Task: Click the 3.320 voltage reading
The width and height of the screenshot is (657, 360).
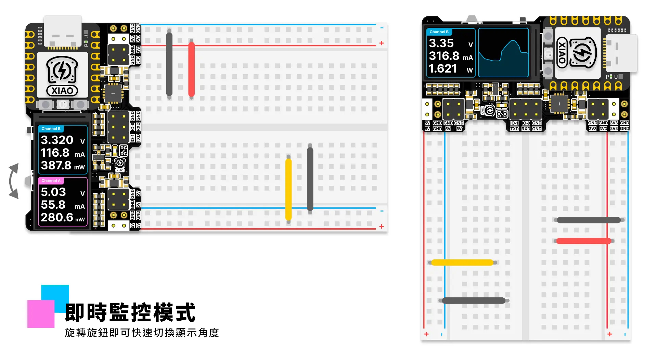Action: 57,140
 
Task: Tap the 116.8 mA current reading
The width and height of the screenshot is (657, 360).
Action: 55,153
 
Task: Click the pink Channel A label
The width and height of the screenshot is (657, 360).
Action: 51,181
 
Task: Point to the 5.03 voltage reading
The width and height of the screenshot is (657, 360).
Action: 53,192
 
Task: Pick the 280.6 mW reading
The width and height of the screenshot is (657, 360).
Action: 57,217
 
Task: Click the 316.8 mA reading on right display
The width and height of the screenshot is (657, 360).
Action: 444,56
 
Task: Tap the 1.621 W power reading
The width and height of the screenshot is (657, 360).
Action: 443,69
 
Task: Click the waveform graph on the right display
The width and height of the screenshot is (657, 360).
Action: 503,53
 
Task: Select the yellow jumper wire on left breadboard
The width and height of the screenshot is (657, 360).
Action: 288,189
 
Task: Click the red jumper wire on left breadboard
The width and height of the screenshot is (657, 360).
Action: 192,69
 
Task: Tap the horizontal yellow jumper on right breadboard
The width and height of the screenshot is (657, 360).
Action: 462,262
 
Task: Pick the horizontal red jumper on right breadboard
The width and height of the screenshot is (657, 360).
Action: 583,241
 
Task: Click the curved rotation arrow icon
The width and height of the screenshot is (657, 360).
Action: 14,181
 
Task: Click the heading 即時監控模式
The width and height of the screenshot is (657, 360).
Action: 130,312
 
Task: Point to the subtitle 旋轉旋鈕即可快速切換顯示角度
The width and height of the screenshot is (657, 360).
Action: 142,333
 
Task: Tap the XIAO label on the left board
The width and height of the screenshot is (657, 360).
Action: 62,91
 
